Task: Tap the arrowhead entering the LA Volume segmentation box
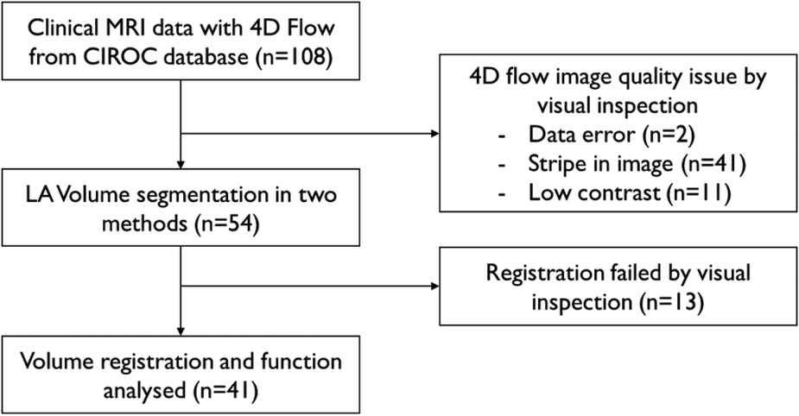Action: click(x=181, y=164)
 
